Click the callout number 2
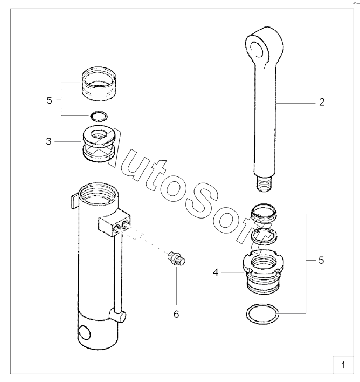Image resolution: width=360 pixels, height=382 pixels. click(322, 102)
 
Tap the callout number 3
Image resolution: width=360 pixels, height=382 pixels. click(49, 141)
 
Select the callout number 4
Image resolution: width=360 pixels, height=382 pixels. click(216, 272)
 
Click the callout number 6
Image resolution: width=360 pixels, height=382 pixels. click(176, 314)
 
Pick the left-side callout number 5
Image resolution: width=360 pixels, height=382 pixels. click(49, 100)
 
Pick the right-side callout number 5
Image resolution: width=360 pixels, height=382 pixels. click(321, 261)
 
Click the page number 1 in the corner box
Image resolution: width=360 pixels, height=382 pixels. click(343, 365)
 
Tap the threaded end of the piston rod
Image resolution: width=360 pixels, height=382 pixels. click(264, 184)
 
